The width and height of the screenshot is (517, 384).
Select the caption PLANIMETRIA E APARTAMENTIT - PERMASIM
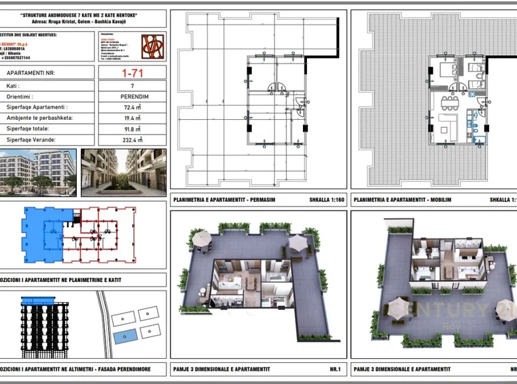tap(224, 199)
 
